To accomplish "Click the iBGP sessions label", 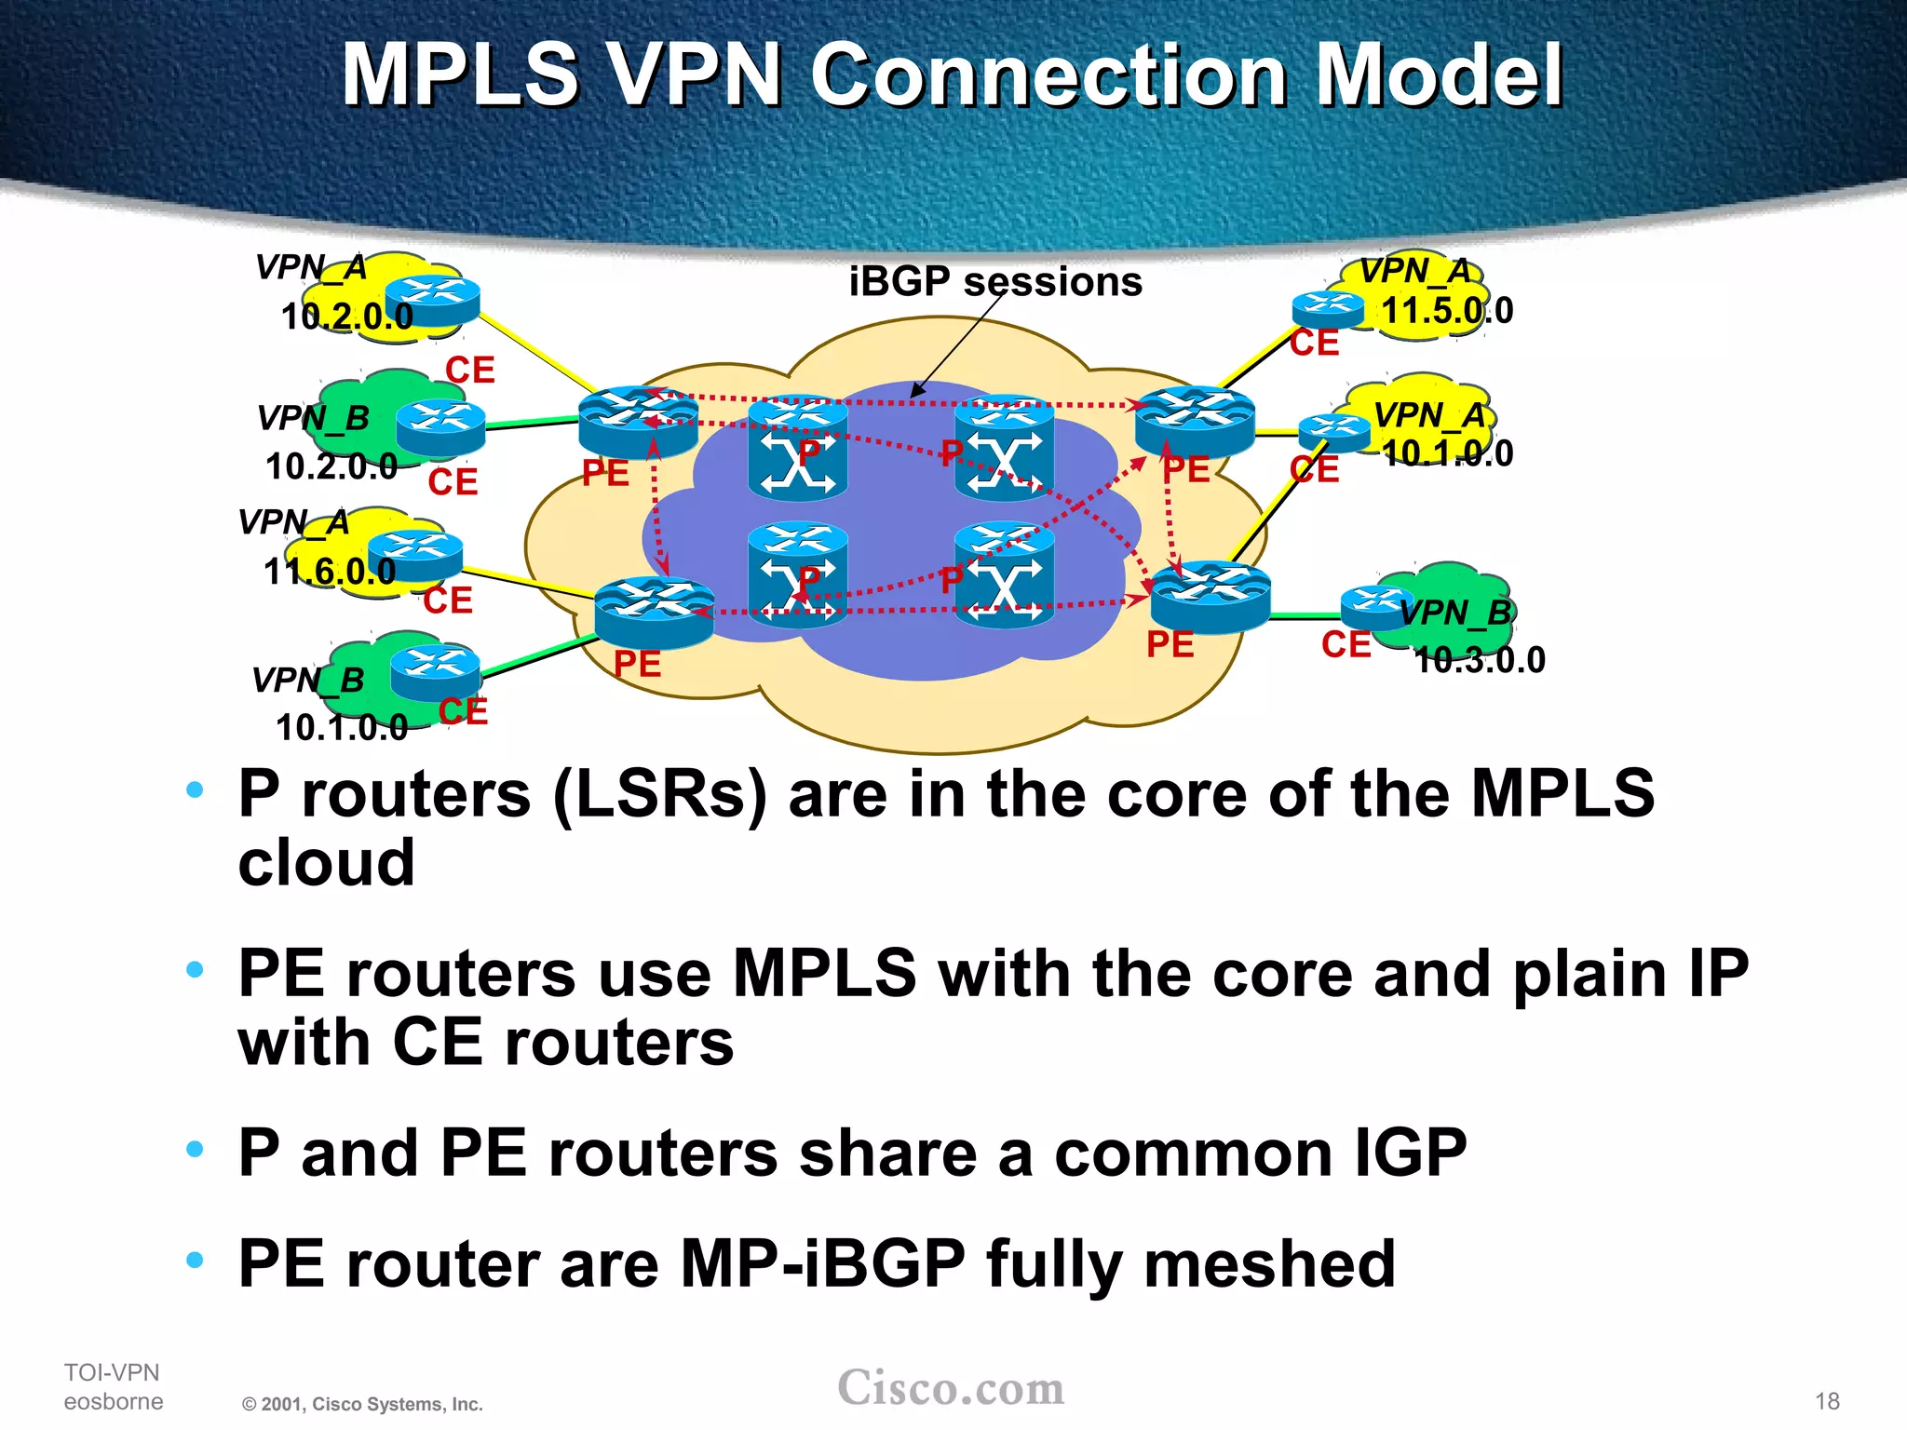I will (994, 281).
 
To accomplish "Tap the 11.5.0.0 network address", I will (1446, 311).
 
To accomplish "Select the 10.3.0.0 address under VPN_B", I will (1479, 660).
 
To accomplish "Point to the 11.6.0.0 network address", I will (329, 572).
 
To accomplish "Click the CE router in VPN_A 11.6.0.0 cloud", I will (421, 555).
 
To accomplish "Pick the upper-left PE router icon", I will (637, 422).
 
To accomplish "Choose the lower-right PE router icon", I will (1210, 597).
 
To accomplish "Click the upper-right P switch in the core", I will (1004, 448).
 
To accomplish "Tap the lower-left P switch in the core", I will (797, 574).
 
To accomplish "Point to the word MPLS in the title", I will (461, 75).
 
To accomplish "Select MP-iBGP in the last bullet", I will (823, 1264).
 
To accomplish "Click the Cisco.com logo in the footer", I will (951, 1388).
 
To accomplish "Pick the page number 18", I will (1827, 1401).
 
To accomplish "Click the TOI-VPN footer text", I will (112, 1372).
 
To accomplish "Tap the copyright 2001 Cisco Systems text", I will (362, 1404).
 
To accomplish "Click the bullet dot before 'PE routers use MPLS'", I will (195, 970).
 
